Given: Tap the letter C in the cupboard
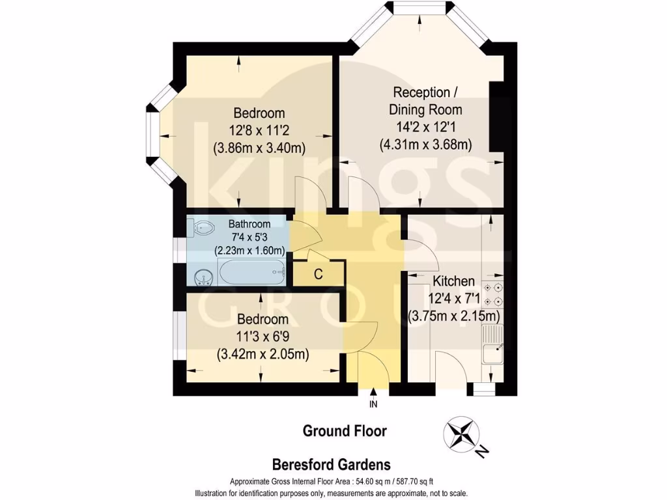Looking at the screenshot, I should click(318, 274).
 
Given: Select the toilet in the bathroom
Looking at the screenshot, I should click(203, 229).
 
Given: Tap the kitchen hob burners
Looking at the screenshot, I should click(493, 294).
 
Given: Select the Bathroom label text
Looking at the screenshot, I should click(249, 224).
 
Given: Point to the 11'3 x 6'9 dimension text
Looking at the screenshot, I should click(263, 337).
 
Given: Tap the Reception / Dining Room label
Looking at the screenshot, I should click(425, 101).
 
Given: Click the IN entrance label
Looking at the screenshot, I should click(373, 404).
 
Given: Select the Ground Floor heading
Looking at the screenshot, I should click(345, 431).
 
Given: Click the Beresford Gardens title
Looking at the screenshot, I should click(331, 464).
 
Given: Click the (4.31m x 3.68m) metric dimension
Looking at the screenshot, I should click(425, 145).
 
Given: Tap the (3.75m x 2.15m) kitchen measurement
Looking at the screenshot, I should click(454, 317).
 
